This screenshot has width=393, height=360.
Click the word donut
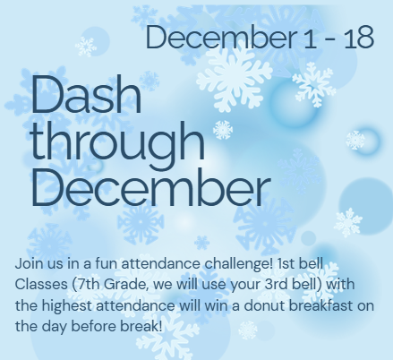click(x=270, y=305)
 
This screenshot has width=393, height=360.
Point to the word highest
click(x=71, y=305)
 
